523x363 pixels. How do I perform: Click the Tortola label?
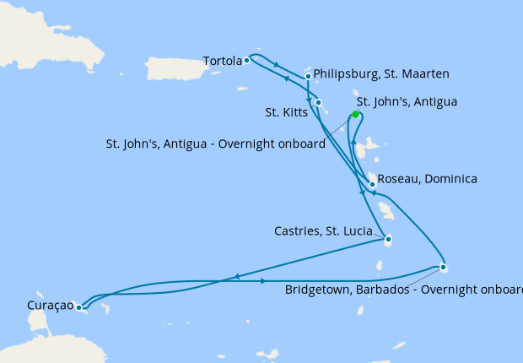tap(222, 61)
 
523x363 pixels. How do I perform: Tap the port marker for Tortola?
tap(246, 61)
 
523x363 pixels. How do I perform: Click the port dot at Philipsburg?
tap(309, 77)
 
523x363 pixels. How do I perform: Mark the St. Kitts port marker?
tap(318, 103)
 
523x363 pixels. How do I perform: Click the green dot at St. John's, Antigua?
tap(356, 115)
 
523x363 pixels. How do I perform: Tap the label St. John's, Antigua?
tap(407, 102)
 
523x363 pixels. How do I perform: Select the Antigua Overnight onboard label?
tap(216, 144)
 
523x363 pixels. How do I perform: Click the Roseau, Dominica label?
tap(428, 179)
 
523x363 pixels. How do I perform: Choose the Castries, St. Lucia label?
tap(323, 230)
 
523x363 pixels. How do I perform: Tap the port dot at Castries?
tap(388, 239)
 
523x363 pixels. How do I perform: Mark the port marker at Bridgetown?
tap(444, 268)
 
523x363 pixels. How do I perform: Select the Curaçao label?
tap(37, 305)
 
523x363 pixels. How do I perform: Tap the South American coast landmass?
tap(51, 346)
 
